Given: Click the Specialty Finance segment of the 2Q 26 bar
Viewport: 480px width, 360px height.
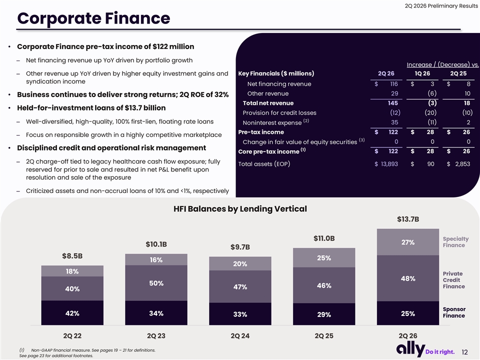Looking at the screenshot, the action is coord(408,242).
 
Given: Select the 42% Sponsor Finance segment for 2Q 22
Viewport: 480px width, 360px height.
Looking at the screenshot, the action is coord(72,313).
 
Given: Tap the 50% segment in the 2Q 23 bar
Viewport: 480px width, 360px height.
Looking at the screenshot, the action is coord(156,283).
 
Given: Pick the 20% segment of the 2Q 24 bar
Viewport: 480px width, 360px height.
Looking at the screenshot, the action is coord(240,263).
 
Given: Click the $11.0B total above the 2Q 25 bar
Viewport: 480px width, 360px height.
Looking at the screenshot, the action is coord(324,238).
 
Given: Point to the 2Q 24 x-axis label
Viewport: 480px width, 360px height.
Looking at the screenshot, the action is coord(240,336).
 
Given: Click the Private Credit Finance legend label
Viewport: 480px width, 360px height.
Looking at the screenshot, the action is coord(453,280).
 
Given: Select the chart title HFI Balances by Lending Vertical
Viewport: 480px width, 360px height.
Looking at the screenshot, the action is coord(240,209).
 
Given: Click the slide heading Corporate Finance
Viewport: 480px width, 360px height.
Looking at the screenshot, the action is coord(93,18).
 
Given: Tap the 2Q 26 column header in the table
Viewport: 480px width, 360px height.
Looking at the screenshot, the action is coord(386,73).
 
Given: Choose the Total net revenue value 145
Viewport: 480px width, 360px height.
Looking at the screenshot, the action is coord(393,103).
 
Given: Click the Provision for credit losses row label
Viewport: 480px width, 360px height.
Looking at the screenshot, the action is coord(279,112).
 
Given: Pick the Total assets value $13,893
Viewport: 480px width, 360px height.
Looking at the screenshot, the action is coord(386,164).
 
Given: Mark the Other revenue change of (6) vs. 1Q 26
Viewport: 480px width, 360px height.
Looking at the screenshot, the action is coord(432,93).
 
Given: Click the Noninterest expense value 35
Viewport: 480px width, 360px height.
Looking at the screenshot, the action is coord(394,122).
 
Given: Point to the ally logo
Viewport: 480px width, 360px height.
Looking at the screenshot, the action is coord(410,349).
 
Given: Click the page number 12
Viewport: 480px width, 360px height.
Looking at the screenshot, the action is coord(464,352).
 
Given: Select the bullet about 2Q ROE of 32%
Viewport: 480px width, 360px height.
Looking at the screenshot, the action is coord(123,94).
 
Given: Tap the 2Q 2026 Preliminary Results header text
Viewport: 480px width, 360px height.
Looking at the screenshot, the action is coord(441,6).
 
